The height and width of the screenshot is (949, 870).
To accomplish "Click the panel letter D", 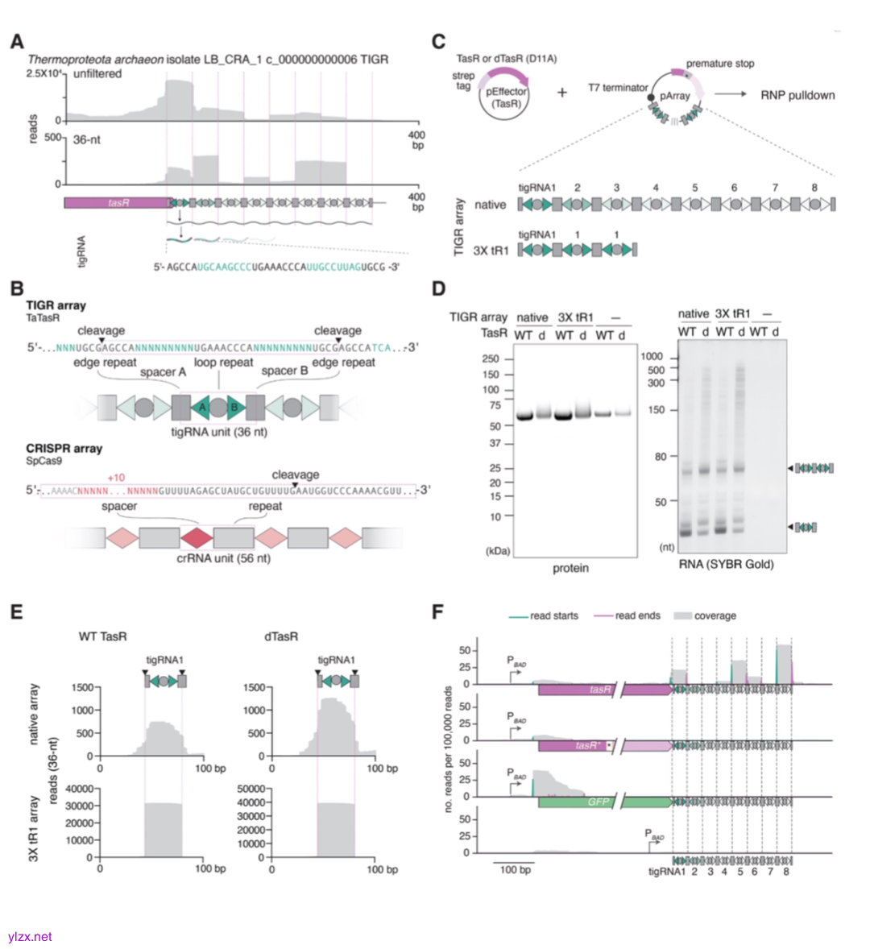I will coord(439,288).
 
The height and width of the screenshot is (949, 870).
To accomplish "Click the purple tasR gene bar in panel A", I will coord(117,203).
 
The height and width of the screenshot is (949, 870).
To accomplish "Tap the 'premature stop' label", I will coord(720,64).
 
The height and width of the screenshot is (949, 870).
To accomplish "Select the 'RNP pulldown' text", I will coord(797,95).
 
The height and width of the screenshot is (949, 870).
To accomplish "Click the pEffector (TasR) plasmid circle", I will coord(506,97).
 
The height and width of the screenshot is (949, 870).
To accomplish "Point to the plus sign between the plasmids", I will coord(561,93).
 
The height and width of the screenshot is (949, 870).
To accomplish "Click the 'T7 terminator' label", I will coord(618,88).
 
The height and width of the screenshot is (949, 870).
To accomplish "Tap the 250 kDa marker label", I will coord(491,359).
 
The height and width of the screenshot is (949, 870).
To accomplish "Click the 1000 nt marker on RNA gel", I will coord(652,356).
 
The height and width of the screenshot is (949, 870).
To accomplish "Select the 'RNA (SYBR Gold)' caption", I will coord(726,564).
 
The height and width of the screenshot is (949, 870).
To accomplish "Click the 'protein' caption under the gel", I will coord(570,568).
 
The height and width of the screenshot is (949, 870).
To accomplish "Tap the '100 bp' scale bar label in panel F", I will coord(515,870).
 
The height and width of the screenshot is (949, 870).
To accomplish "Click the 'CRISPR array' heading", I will coord(64,449).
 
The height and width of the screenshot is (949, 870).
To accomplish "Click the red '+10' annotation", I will coord(116,478).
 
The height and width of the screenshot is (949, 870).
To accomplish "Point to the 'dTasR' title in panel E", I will coord(280,636).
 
